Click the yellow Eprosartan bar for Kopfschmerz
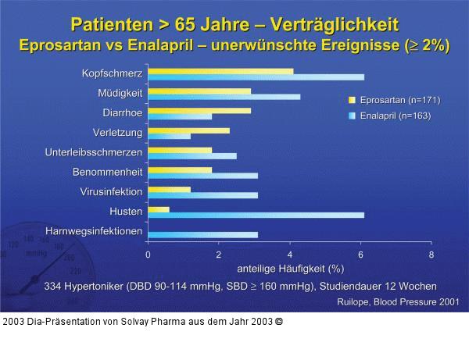pyautogui.click(x=220, y=71)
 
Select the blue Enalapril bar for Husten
pyautogui.click(x=256, y=215)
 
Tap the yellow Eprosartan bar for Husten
pyautogui.click(x=159, y=209)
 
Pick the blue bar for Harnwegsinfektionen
pyautogui.click(x=202, y=234)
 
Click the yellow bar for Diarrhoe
pyautogui.click(x=199, y=111)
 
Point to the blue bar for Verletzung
pyautogui.click(x=169, y=136)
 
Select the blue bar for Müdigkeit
pyautogui.click(x=224, y=97)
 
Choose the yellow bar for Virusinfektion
pyautogui.click(x=169, y=189)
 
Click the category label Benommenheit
pyautogui.click(x=107, y=172)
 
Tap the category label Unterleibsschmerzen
pyautogui.click(x=93, y=152)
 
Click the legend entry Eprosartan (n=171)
pyautogui.click(x=395, y=100)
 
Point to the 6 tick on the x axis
pyautogui.click(x=360, y=255)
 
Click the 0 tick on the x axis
pyautogui.click(x=148, y=255)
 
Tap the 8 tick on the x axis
pyautogui.click(x=431, y=255)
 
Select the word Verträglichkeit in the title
pyautogui.click(x=334, y=24)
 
